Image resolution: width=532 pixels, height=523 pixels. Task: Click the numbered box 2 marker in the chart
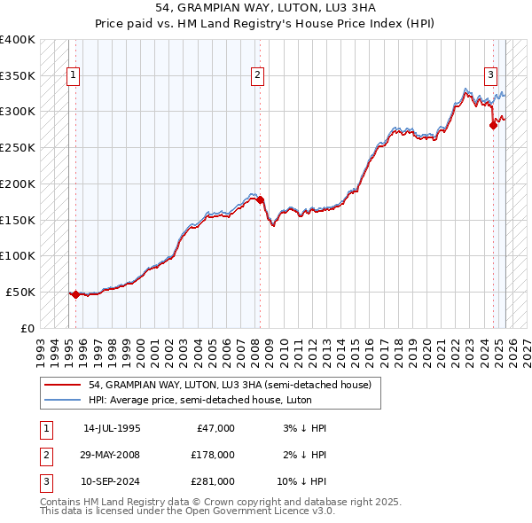coord(256,75)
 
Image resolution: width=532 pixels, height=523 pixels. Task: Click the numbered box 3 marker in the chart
coord(490,75)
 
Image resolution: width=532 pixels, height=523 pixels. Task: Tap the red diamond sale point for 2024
coord(493,125)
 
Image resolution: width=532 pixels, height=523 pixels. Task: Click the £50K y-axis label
coord(20,292)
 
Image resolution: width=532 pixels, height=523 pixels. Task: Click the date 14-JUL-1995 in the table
coord(112,428)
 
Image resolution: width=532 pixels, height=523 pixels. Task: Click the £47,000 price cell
coord(214,428)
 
